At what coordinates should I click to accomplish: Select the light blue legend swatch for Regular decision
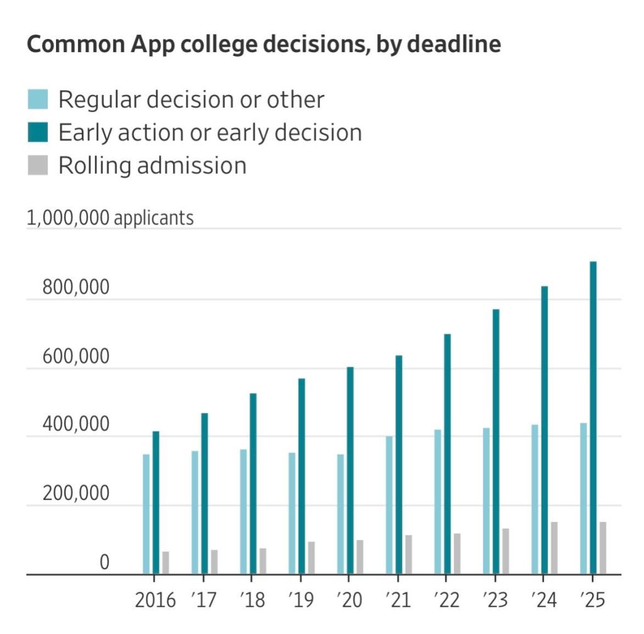[38, 99]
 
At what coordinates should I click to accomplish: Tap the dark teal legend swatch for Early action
[38, 132]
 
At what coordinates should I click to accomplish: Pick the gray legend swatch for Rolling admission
[38, 165]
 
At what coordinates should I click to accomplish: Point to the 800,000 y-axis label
[76, 287]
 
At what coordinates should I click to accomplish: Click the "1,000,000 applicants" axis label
[110, 218]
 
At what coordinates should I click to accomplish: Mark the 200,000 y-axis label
[76, 493]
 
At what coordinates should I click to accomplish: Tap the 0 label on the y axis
[104, 562]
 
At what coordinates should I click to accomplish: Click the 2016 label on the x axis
[155, 600]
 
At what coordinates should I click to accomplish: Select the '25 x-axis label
[592, 600]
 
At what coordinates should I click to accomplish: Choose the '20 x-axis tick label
[350, 600]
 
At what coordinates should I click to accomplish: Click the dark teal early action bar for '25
[593, 418]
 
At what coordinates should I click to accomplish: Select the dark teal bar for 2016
[156, 503]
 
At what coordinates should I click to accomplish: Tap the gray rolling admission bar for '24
[554, 548]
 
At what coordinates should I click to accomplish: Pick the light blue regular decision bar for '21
[389, 505]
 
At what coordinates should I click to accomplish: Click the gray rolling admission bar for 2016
[165, 562]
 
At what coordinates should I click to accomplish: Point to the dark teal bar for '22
[447, 453]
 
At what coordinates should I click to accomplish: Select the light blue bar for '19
[292, 513]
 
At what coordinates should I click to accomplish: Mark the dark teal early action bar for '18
[253, 484]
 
